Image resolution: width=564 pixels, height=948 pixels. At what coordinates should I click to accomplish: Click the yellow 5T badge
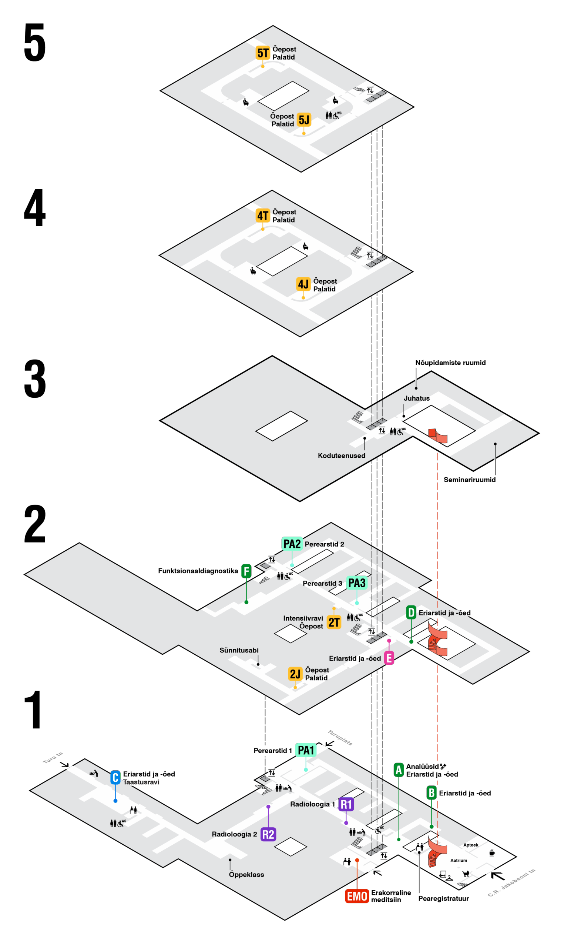[263, 53]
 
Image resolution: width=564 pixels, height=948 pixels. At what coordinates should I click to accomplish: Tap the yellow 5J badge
[304, 120]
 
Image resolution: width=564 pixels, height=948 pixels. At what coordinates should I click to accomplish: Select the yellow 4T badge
[263, 216]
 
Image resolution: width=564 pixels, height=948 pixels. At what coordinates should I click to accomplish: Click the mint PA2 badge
[292, 544]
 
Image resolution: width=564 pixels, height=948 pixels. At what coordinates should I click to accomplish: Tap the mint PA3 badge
[356, 583]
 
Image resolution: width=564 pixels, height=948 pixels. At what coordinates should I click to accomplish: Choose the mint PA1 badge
[306, 750]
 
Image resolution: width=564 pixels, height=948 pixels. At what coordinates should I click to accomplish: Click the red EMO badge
[357, 896]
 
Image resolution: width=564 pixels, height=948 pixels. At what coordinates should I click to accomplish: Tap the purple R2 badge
[268, 834]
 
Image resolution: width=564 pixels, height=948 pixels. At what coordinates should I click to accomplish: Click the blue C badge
[115, 777]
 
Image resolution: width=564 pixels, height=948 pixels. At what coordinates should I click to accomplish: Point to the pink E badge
[389, 658]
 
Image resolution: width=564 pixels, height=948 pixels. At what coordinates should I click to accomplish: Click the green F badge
[246, 571]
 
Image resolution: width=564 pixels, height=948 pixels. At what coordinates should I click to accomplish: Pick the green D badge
[411, 612]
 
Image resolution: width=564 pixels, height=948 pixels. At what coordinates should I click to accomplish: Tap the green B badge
[432, 792]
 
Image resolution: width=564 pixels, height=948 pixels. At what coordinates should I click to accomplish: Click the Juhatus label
[417, 398]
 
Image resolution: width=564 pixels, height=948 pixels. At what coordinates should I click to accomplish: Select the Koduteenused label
[341, 455]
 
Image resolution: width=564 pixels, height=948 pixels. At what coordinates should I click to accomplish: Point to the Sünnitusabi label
[239, 650]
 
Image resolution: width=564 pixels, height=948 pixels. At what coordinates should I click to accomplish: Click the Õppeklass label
[246, 874]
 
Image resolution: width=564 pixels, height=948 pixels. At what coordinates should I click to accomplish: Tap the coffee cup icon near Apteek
[492, 852]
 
